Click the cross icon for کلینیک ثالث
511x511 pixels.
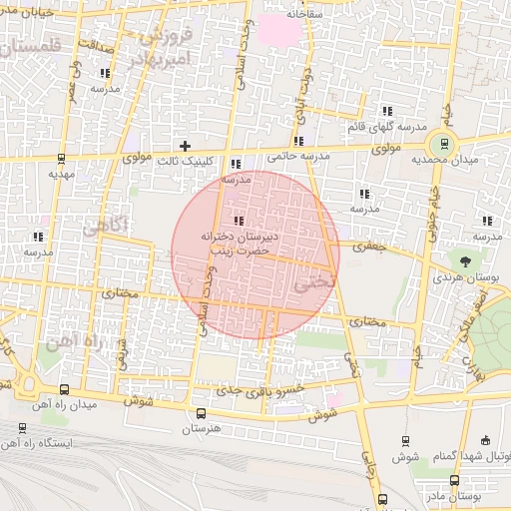coord(185,146)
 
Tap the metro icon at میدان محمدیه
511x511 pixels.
coord(446,142)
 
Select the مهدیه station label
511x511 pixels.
coord(62,173)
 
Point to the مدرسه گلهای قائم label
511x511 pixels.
coord(387,126)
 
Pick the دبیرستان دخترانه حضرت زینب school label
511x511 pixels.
coord(237,245)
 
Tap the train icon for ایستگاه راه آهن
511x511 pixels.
coord(22,427)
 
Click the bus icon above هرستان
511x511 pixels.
coord(201,413)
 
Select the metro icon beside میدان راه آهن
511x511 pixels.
coord(65,390)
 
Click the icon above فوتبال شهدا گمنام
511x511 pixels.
coord(486,441)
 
